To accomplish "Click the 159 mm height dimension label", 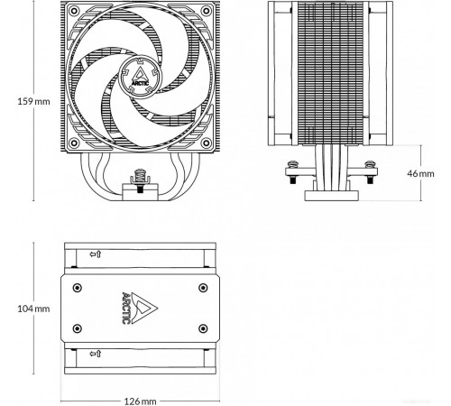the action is click(33, 101).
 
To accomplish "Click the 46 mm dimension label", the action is click(420, 173).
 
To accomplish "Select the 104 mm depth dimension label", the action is click(33, 309).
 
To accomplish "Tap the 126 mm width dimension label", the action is click(141, 401).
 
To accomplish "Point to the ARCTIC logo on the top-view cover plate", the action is click(140, 308).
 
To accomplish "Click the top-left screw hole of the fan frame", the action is click(74, 11).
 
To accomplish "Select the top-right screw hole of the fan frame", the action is click(207, 11).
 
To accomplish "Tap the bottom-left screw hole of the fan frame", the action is click(74, 143).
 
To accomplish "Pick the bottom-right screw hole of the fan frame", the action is click(207, 143).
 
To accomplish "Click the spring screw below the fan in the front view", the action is click(140, 180).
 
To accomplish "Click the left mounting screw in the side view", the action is click(292, 172).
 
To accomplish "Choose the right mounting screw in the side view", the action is click(370, 172).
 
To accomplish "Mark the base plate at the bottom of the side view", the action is click(332, 196).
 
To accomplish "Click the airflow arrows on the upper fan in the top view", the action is click(96, 254).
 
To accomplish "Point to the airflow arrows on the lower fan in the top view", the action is click(96, 354).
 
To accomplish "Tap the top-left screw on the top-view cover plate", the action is click(78, 288).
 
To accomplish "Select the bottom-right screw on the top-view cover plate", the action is click(203, 328).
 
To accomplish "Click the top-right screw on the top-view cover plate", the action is click(203, 288).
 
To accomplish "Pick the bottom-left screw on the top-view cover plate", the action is click(78, 328).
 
